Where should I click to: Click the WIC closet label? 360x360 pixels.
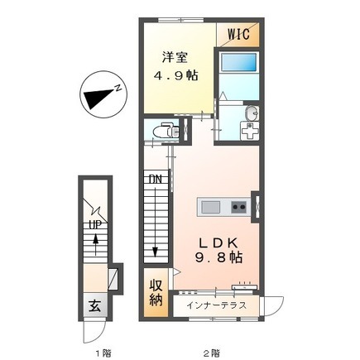point(238,34)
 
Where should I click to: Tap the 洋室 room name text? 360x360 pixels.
point(175,58)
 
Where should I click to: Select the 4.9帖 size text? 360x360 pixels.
point(175,75)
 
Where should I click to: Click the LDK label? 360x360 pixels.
point(218,243)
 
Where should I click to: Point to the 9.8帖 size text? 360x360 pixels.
point(218,258)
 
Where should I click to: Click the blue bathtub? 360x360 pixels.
point(239,63)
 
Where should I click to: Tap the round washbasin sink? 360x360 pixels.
point(252,113)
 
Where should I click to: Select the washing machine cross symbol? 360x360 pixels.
point(250,132)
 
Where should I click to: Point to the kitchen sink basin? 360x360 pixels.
point(211,207)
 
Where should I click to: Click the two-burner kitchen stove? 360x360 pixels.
point(238,207)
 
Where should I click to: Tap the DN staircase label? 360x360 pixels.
point(155,180)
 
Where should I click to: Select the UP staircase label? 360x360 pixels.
point(95,225)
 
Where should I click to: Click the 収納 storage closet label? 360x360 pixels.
point(156,292)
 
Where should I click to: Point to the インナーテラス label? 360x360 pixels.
point(216,305)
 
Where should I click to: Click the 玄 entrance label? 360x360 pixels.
point(95,306)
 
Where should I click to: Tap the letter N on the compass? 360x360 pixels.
point(118,88)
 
